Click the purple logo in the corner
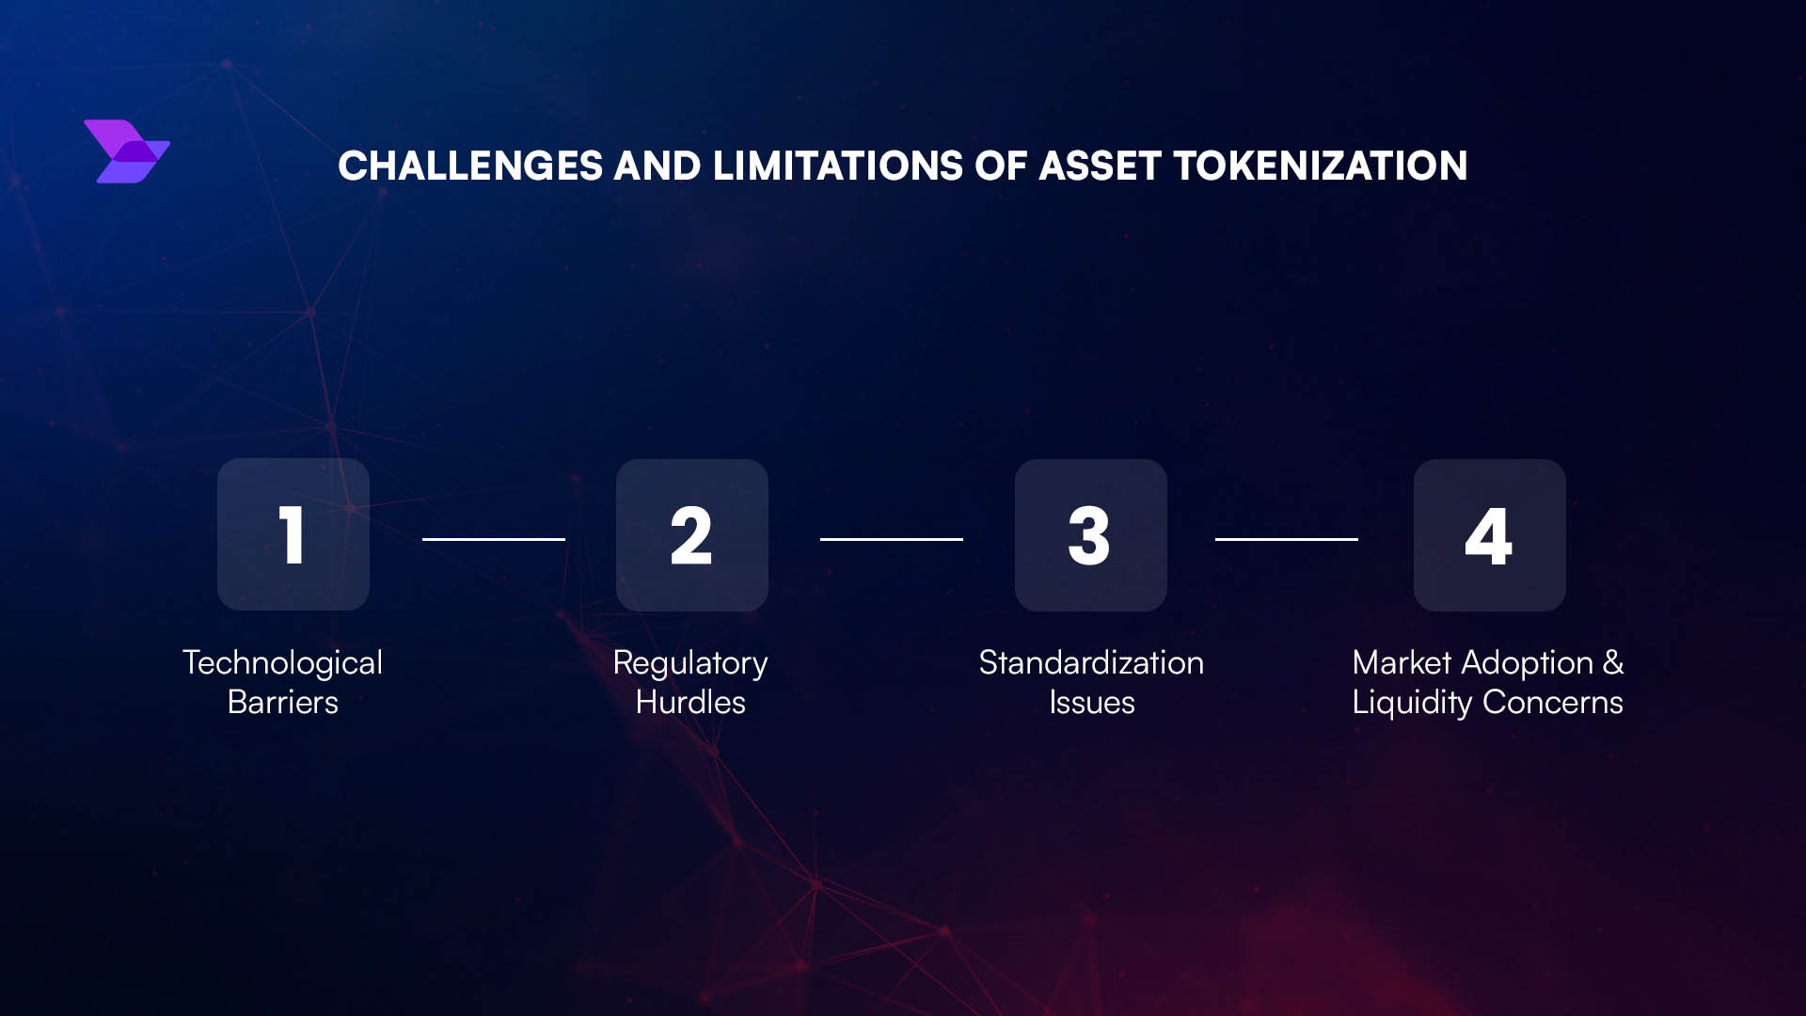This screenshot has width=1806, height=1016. pyautogui.click(x=127, y=151)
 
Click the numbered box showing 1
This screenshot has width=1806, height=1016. pyautogui.click(x=293, y=534)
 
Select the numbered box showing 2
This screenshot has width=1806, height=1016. pyautogui.click(x=692, y=534)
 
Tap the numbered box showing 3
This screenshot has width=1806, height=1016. pyautogui.click(x=1091, y=534)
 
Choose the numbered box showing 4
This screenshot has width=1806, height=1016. pyautogui.click(x=1490, y=534)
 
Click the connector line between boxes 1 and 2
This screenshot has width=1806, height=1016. pyautogui.click(x=494, y=539)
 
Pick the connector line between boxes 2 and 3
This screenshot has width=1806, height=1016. pyautogui.click(x=892, y=539)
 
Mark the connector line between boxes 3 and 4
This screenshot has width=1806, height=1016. pyautogui.click(x=1287, y=539)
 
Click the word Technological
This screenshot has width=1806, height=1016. pyautogui.click(x=282, y=663)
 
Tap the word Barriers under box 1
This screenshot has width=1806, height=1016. pyautogui.click(x=282, y=703)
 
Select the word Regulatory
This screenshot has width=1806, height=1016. pyautogui.click(x=690, y=664)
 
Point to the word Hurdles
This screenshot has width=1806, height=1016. pyautogui.click(x=690, y=703)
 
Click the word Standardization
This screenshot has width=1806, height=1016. pyautogui.click(x=1091, y=663)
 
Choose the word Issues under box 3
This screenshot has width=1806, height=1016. pyautogui.click(x=1091, y=703)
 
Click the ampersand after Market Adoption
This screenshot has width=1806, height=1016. pyautogui.click(x=1613, y=662)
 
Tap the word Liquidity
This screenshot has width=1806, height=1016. pyautogui.click(x=1411, y=704)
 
